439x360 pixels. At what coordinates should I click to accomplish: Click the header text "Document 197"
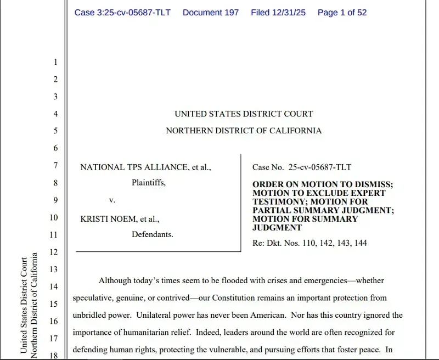pyautogui.click(x=211, y=12)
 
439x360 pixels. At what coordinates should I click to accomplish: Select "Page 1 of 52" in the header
pyautogui.click(x=342, y=12)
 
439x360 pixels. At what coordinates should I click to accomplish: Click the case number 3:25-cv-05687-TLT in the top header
pyautogui.click(x=122, y=12)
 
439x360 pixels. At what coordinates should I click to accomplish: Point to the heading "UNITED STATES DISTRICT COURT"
pyautogui.click(x=244, y=114)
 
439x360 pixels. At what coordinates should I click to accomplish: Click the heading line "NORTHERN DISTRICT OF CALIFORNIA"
pyautogui.click(x=244, y=131)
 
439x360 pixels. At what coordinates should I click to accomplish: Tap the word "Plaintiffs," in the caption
pyautogui.click(x=148, y=183)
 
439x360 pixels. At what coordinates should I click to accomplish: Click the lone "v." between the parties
pyautogui.click(x=112, y=200)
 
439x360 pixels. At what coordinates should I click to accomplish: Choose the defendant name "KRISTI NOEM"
pyautogui.click(x=104, y=218)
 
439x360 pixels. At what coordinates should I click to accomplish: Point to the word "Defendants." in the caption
pyautogui.click(x=152, y=234)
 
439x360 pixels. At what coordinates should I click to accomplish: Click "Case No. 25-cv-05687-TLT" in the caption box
pyautogui.click(x=302, y=167)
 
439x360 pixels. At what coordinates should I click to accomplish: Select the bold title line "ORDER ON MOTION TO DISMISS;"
pyautogui.click(x=323, y=185)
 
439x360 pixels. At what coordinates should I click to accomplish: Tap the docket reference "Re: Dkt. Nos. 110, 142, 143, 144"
pyautogui.click(x=309, y=243)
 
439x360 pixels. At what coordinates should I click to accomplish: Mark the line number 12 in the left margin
pyautogui.click(x=54, y=252)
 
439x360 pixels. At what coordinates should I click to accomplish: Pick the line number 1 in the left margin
pyautogui.click(x=55, y=62)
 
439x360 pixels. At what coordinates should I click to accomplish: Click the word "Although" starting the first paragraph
pyautogui.click(x=115, y=280)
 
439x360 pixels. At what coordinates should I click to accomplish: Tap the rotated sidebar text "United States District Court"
pyautogui.click(x=24, y=305)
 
